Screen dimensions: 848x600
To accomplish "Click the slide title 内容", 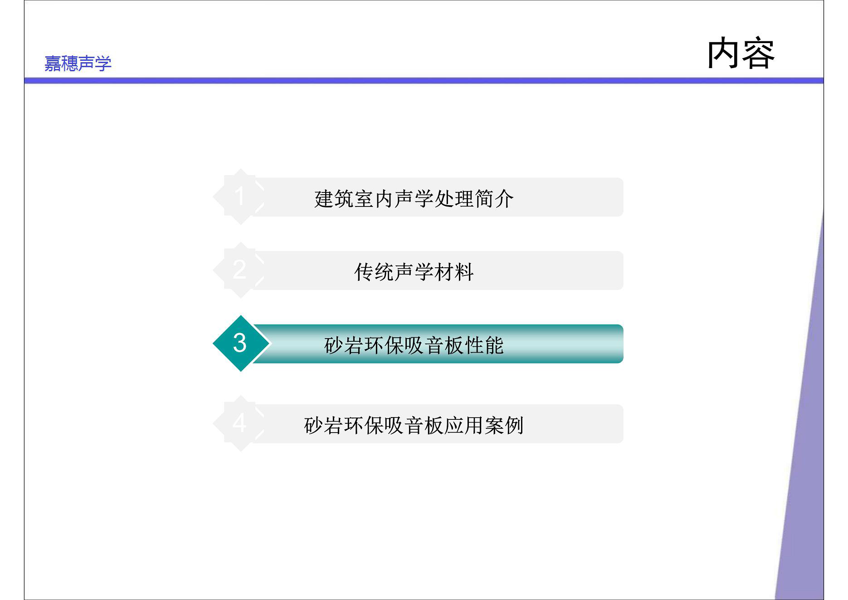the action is pyautogui.click(x=741, y=54).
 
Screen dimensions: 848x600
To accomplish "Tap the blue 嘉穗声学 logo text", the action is pyautogui.click(x=78, y=63).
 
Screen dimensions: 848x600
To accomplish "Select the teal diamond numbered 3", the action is pyautogui.click(x=241, y=344).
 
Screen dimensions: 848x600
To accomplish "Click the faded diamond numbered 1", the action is pyautogui.click(x=240, y=197).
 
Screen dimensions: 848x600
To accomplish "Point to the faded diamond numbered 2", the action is pyautogui.click(x=240, y=270).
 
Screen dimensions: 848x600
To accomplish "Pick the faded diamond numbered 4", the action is pyautogui.click(x=240, y=423).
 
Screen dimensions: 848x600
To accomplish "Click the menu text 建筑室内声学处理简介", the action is pyautogui.click(x=414, y=199).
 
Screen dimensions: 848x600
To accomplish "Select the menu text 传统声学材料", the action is pyautogui.click(x=414, y=272).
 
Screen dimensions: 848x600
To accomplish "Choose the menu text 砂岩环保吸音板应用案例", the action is pyautogui.click(x=414, y=426).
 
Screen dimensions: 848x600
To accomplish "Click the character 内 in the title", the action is pyautogui.click(x=724, y=54).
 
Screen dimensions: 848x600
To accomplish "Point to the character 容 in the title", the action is pyautogui.click(x=758, y=54).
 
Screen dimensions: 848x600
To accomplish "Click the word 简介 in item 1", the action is pyautogui.click(x=494, y=199).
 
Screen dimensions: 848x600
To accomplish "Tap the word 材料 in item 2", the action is pyautogui.click(x=454, y=272).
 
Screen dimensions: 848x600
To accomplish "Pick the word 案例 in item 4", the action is pyautogui.click(x=504, y=426).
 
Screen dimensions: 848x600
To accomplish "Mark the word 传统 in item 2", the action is pyautogui.click(x=374, y=272).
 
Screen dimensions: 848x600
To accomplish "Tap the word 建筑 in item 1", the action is pyautogui.click(x=334, y=199).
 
